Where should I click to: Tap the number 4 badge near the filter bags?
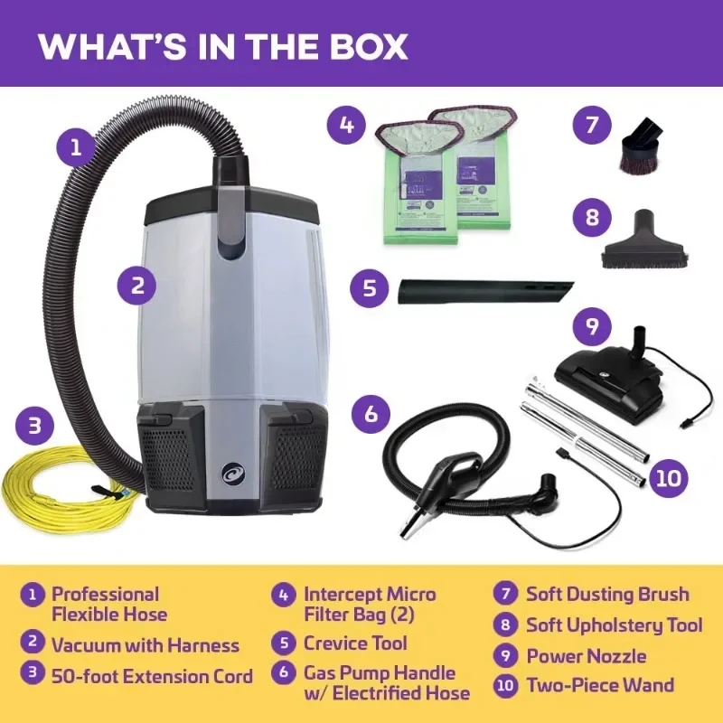click(x=346, y=125)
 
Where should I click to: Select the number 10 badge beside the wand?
click(x=666, y=476)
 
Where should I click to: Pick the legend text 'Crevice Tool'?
click(x=355, y=643)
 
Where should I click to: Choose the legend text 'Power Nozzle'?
click(x=587, y=655)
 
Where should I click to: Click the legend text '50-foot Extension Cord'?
click(x=152, y=675)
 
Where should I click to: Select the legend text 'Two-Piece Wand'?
click(x=600, y=684)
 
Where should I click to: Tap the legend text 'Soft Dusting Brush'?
click(x=607, y=595)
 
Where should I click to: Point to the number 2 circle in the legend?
click(x=33, y=643)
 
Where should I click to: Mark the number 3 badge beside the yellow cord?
click(x=34, y=425)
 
